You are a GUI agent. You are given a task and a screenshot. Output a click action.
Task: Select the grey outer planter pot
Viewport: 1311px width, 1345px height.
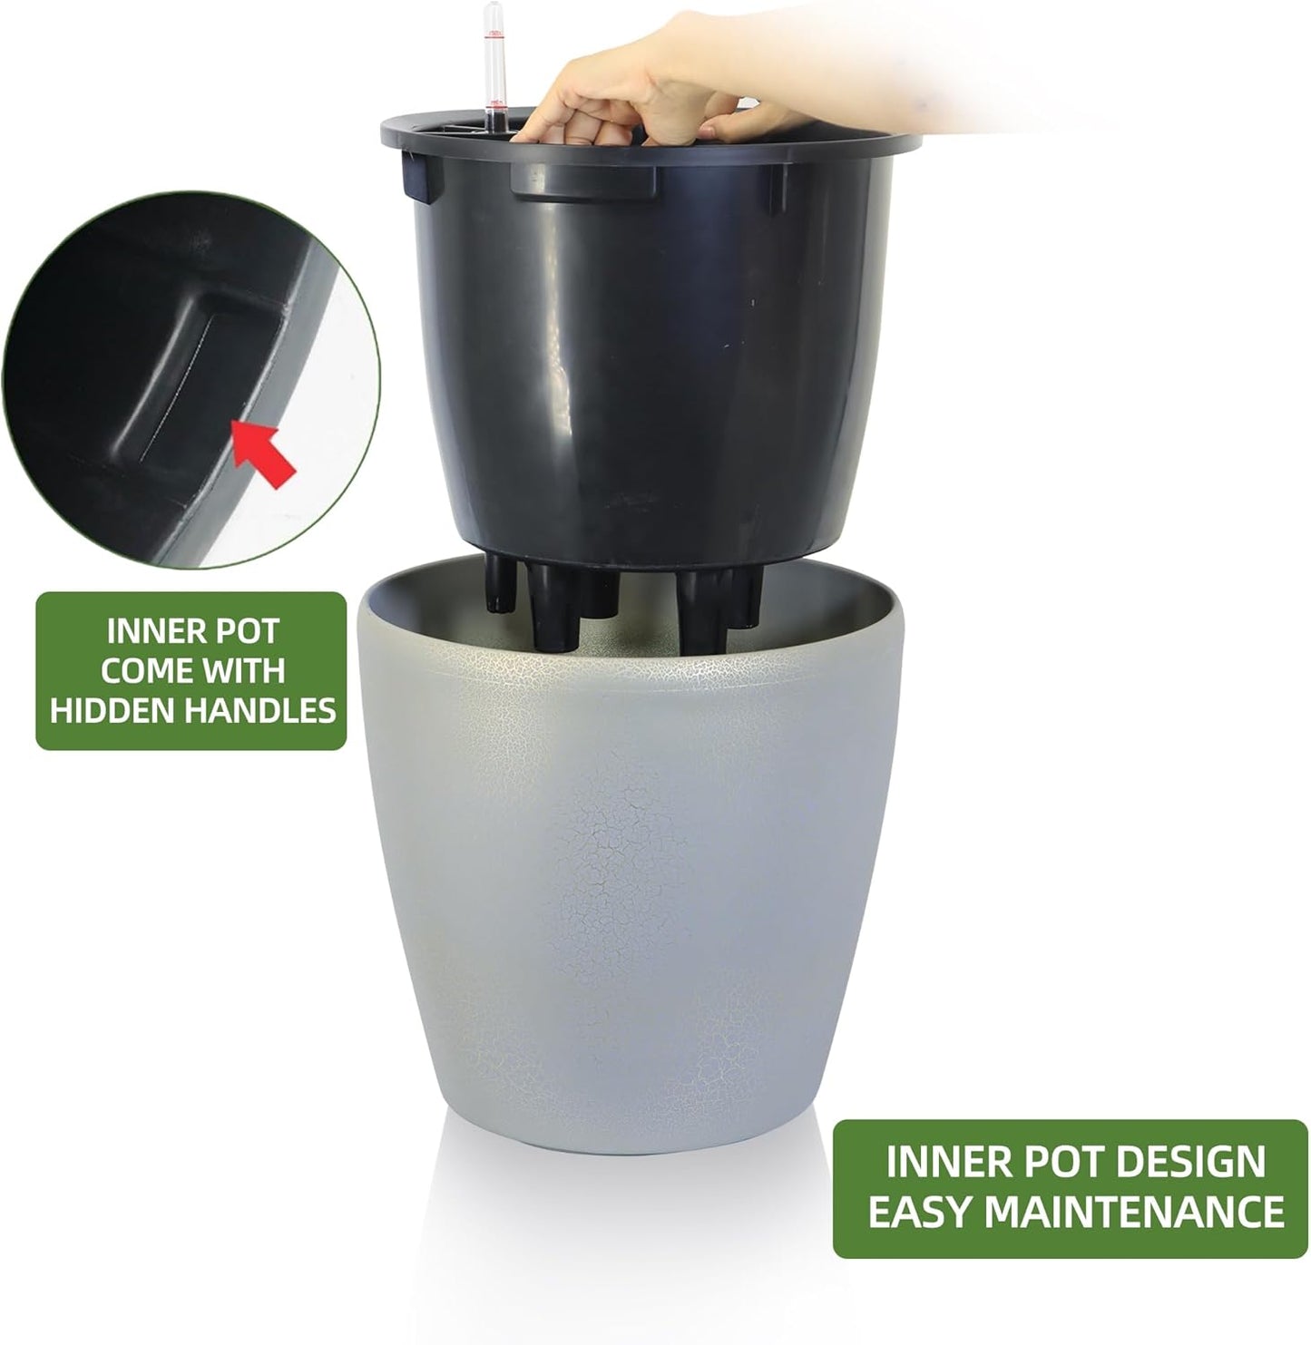(x=635, y=907)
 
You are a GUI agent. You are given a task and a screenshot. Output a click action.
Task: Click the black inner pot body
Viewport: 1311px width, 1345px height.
(x=635, y=363)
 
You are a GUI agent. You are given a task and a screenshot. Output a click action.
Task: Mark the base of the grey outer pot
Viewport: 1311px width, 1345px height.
(x=635, y=1138)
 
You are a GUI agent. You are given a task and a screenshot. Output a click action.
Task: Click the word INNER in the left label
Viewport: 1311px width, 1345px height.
(x=153, y=630)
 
